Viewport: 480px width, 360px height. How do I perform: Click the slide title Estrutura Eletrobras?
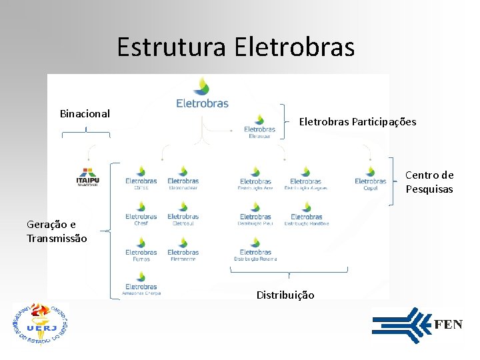tap(235, 47)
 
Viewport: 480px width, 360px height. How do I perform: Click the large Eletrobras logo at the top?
tap(202, 93)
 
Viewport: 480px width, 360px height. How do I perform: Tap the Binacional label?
tap(85, 114)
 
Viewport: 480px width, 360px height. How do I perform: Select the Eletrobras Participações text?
tap(357, 121)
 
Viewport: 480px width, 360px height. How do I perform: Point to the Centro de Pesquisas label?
tap(429, 182)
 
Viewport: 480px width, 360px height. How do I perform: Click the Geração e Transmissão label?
tap(56, 231)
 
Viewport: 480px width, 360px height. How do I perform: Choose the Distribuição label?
tap(285, 295)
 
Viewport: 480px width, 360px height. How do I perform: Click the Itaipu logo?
tap(88, 177)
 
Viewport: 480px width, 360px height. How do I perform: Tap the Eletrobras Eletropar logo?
tap(259, 126)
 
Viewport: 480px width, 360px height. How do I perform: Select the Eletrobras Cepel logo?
tap(371, 178)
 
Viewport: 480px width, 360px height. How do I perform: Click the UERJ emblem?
tap(41, 325)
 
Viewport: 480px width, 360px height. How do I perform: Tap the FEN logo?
tap(417, 325)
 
